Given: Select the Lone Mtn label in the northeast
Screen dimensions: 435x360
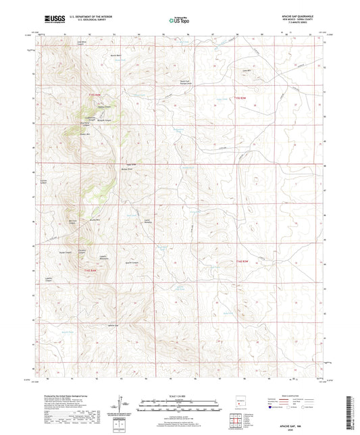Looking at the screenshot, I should tap(256, 70).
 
